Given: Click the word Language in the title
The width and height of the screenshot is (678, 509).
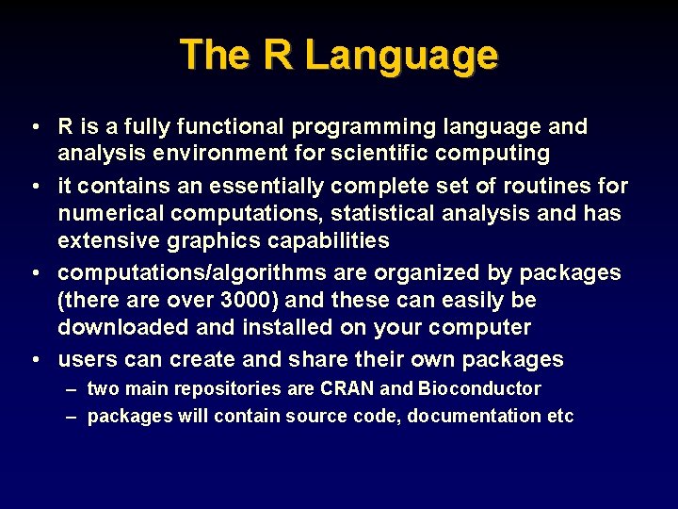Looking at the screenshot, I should tap(401, 56).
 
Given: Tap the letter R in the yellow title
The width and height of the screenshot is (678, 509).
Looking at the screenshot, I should tap(278, 55).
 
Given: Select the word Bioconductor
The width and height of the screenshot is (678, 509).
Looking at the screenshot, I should tap(479, 388).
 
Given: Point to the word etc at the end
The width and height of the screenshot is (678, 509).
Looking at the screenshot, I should tap(560, 416).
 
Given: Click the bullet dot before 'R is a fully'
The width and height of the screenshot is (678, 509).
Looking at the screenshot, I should tap(34, 126).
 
